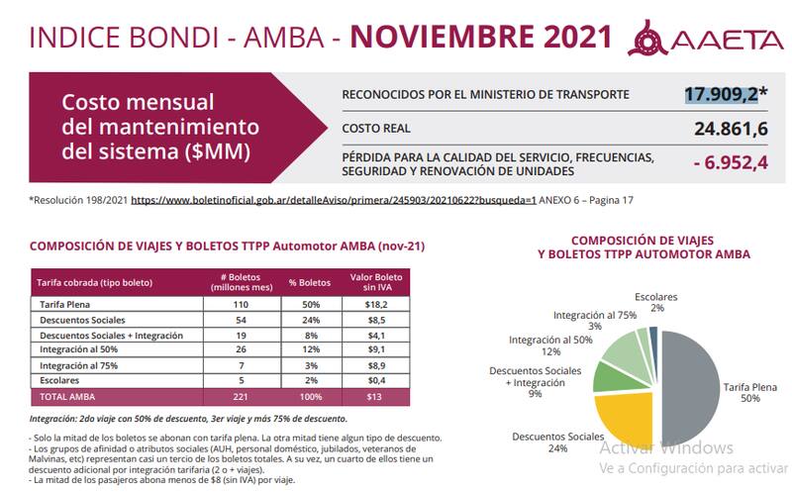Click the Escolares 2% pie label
point(656,302)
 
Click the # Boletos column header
point(238,281)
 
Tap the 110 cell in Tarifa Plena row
point(238,304)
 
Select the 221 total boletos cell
point(238,397)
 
